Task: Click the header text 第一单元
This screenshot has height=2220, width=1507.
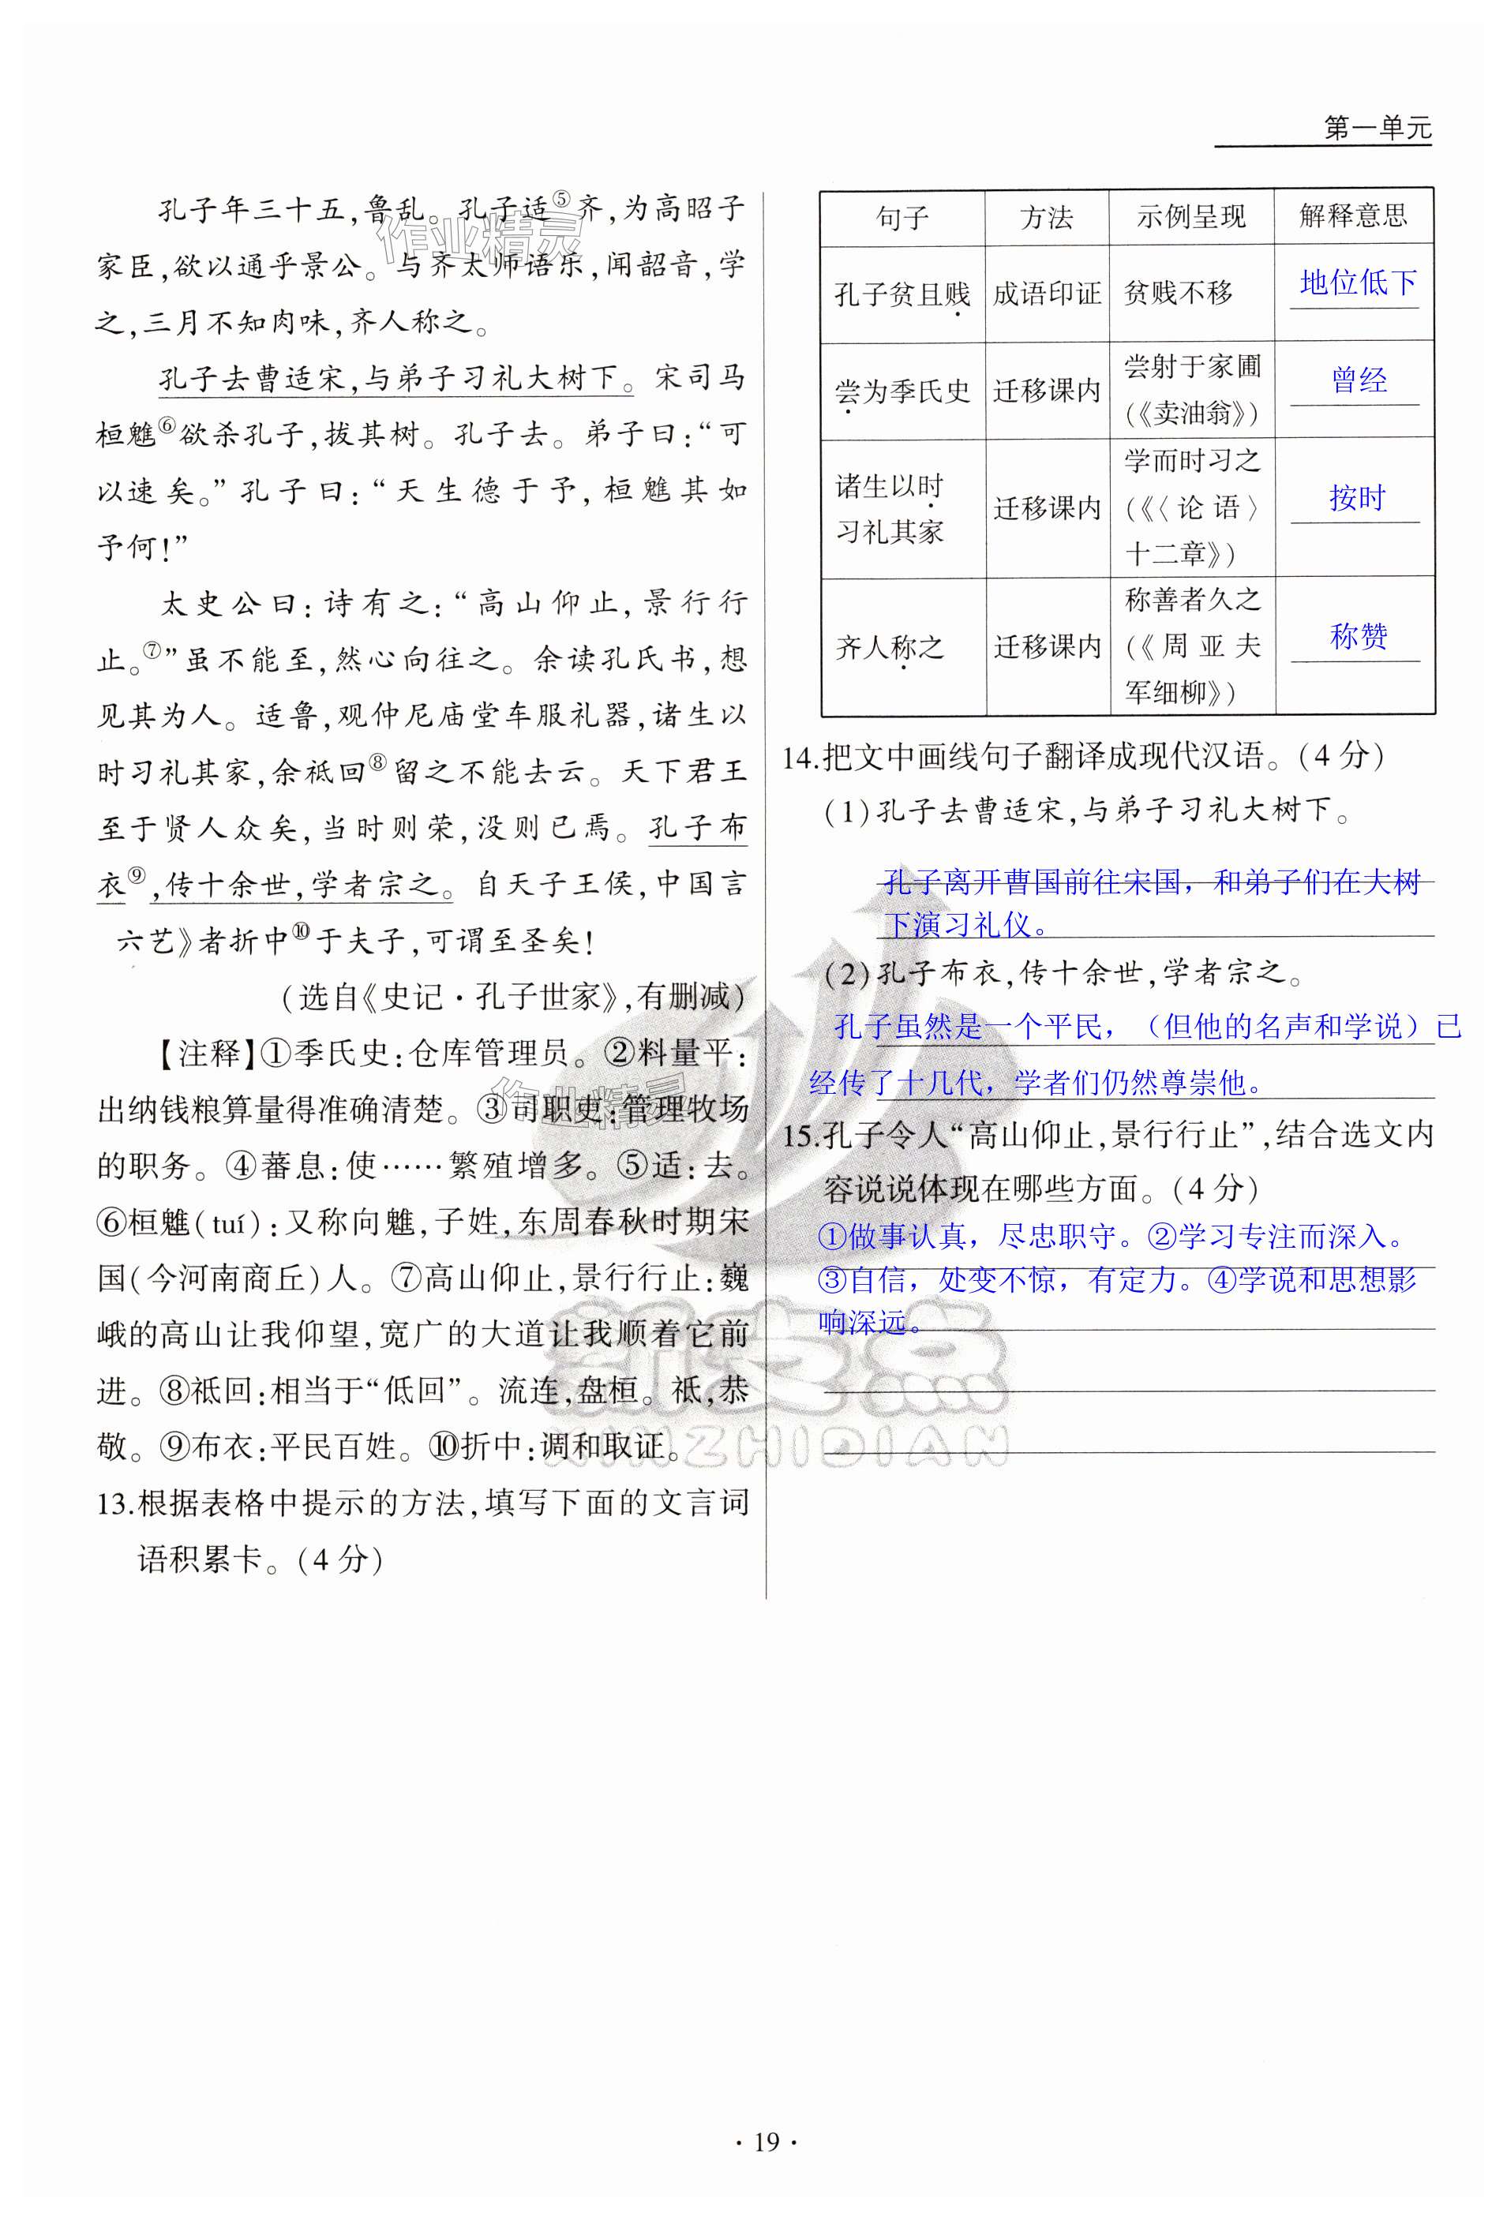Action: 1376,128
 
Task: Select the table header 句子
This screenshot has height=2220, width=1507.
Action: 902,218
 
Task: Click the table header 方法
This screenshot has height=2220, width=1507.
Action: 1047,218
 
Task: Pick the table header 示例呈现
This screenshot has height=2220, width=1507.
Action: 1190,218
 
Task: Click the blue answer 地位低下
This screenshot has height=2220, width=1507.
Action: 1357,283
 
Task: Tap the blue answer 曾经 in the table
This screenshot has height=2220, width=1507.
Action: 1358,380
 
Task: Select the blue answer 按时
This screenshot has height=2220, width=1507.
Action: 1356,498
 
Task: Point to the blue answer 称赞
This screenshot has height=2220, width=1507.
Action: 1358,636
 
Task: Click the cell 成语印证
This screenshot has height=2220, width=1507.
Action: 1047,294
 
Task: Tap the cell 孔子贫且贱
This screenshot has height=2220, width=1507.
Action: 902,294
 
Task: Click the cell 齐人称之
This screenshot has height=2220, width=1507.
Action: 889,648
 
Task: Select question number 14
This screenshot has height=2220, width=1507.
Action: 800,758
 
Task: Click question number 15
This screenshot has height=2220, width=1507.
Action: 800,1136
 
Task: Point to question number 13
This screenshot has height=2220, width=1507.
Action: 114,1504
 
